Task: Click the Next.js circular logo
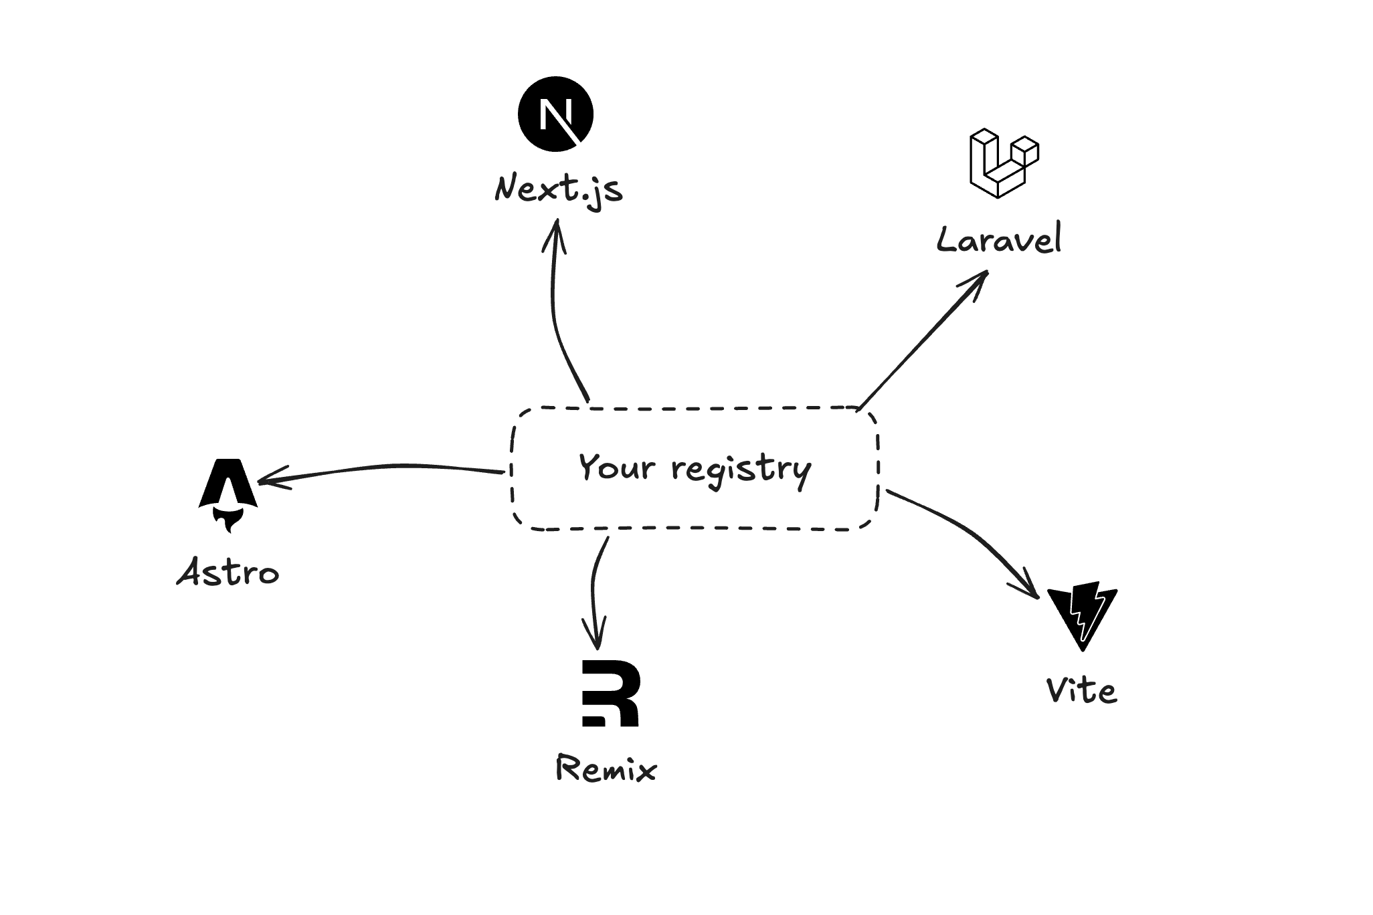click(x=555, y=114)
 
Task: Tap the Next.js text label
click(x=559, y=189)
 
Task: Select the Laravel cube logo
click(x=1002, y=164)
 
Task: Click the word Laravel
click(x=998, y=239)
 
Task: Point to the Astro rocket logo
click(x=228, y=485)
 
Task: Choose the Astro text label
click(x=227, y=573)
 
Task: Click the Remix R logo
click(x=610, y=693)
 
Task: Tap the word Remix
click(x=606, y=769)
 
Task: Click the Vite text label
click(x=1081, y=690)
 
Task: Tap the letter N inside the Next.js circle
click(x=553, y=114)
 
